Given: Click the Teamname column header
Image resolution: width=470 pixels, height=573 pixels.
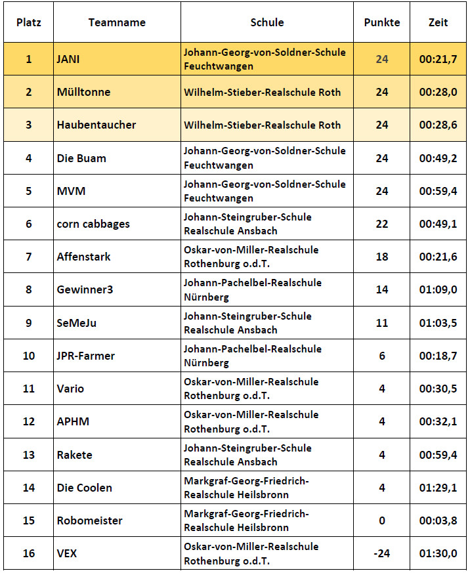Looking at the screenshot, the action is pos(117,22).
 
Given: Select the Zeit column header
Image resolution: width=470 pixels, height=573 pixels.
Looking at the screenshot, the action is pos(438,22).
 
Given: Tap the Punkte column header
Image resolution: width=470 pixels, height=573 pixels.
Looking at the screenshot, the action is pos(381,22).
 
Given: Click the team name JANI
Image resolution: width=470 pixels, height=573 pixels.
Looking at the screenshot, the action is pos(68,59).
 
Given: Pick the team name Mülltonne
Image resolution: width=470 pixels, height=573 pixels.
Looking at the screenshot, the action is pos(83,92).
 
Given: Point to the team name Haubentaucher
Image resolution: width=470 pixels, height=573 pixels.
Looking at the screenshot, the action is pos(96,125).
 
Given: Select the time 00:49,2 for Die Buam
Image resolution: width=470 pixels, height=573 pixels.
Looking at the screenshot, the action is pos(438,158).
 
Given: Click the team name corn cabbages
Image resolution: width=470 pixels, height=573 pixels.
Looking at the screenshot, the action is pos(93,224).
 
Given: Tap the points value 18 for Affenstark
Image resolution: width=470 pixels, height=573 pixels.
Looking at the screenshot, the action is pos(381,257).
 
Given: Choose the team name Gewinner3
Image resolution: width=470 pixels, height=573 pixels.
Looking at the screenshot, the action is pos(85,289).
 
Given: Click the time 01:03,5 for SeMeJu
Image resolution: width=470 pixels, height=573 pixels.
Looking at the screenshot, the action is pos(438,323).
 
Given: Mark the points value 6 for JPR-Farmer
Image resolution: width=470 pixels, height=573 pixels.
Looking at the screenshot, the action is pos(381,356).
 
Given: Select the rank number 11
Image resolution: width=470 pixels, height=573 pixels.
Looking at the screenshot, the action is pos(29,389).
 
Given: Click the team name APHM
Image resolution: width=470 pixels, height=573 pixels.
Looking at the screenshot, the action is pos(72,421).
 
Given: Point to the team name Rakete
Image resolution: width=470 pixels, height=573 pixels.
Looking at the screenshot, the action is pos(74,455).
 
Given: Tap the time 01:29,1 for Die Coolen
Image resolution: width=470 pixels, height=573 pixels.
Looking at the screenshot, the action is pos(438,488).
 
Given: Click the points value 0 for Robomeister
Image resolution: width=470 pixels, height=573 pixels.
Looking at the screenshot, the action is pos(381,520).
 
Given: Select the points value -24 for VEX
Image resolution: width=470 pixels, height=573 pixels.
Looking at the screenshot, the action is pos(381,553).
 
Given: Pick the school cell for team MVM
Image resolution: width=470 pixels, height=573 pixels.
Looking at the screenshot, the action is pos(265,191).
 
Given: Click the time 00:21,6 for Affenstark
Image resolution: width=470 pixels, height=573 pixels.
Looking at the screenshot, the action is pos(438,257).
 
